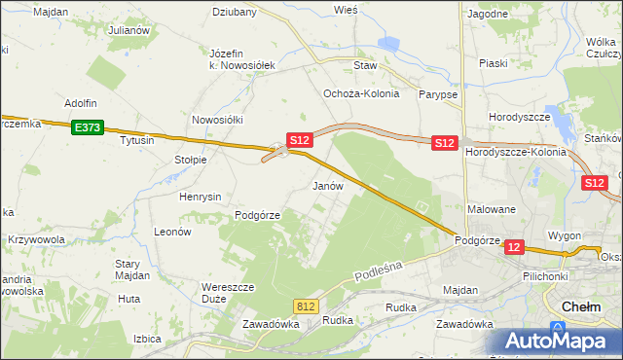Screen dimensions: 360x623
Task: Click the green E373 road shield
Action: click(87, 126)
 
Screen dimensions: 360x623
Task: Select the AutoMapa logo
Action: click(561, 342)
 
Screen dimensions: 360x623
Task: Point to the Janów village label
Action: click(327, 185)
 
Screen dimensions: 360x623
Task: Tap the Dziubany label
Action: click(234, 13)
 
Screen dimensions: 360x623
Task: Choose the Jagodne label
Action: click(488, 15)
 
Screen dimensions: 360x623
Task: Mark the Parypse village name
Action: click(438, 94)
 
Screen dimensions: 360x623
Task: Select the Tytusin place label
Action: click(137, 140)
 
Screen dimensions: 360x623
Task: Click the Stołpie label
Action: click(190, 160)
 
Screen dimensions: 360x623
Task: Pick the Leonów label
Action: click(172, 233)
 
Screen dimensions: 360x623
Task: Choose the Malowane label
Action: click(492, 209)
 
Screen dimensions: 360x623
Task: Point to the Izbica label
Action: click(146, 339)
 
